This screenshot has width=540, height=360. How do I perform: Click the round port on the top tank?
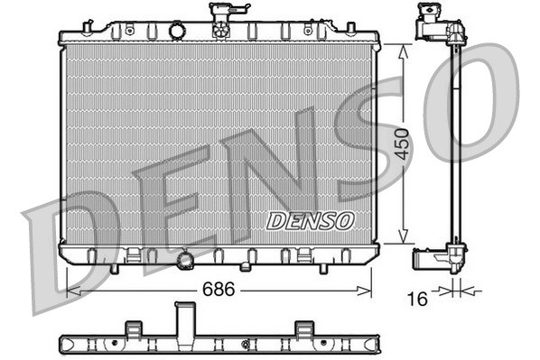176,32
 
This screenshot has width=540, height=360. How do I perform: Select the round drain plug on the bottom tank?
186,261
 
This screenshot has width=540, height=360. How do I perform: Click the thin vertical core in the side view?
455,144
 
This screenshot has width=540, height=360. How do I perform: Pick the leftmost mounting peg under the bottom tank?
114,267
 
